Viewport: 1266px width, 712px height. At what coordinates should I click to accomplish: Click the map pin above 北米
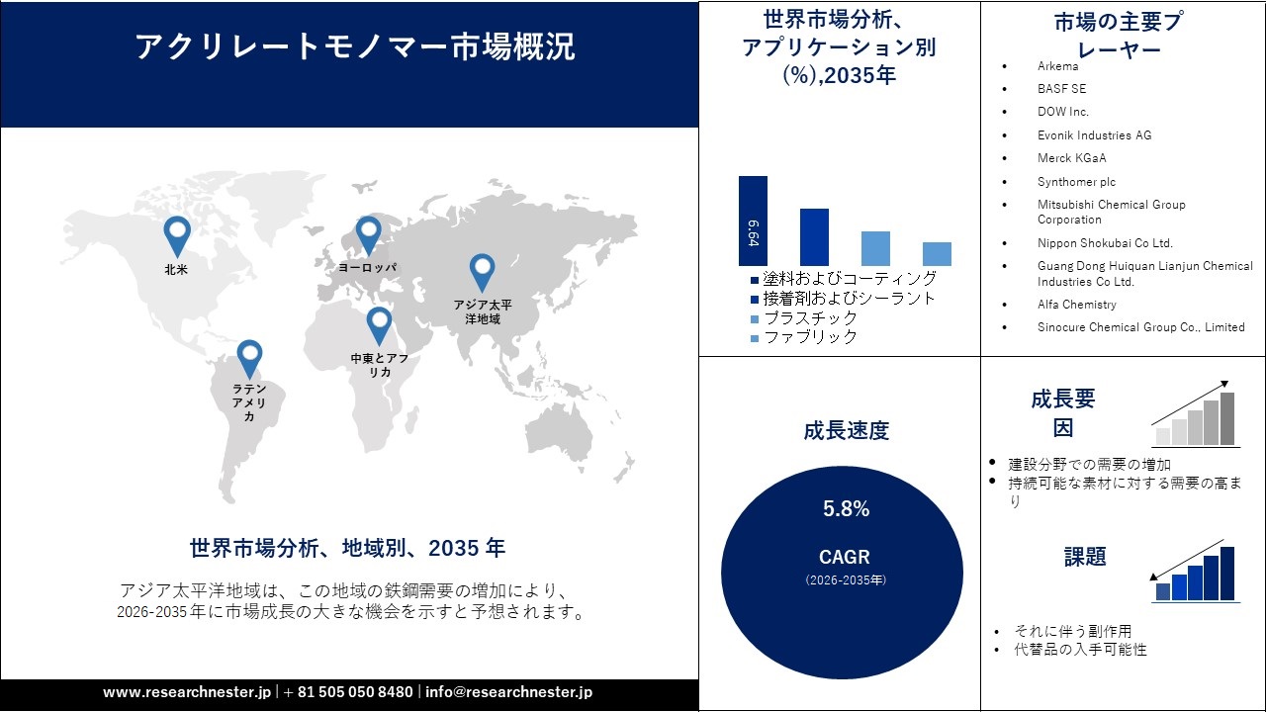177,235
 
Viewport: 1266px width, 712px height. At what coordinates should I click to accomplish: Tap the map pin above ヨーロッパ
368,235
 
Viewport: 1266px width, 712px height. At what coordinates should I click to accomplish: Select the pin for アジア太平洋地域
482,272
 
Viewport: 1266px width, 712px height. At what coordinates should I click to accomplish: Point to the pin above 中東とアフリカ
379,324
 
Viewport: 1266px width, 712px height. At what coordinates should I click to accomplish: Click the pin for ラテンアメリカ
249,358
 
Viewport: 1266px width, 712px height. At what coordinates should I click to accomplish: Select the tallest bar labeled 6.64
753,222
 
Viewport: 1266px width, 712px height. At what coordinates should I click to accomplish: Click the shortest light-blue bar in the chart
937,254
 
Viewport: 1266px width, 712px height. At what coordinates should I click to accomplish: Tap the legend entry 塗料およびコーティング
849,279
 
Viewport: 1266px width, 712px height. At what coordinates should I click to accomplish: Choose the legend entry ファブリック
809,337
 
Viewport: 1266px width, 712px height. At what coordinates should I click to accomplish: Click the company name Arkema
1057,66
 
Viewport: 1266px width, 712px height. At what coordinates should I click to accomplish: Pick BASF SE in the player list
1061,89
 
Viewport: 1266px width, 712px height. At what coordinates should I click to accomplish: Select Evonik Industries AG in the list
1094,135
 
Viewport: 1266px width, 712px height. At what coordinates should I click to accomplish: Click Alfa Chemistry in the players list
1076,305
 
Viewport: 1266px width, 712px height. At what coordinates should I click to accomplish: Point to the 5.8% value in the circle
846,509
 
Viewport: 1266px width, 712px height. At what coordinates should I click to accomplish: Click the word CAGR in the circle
845,557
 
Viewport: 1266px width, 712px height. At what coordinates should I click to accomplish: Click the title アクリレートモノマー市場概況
354,47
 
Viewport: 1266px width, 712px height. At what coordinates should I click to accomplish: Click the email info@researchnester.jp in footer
508,692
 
